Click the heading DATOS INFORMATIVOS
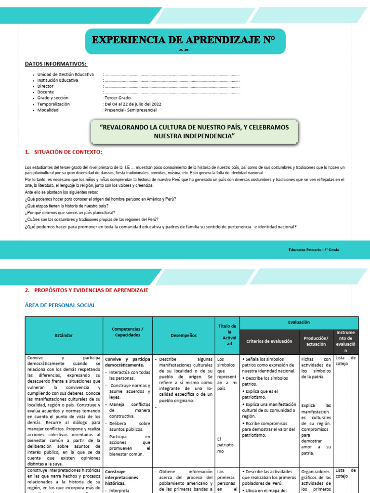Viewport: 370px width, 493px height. [x=56, y=64]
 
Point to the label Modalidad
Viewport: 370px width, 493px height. [x=48, y=110]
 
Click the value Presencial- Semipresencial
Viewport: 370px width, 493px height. [x=130, y=110]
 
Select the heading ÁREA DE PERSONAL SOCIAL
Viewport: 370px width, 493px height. [x=60, y=305]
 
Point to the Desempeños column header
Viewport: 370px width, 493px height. [x=184, y=335]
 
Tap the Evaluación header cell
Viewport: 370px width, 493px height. [x=299, y=322]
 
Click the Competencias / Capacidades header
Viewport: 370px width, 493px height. [x=128, y=332]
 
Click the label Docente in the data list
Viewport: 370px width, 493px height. [x=46, y=92]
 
